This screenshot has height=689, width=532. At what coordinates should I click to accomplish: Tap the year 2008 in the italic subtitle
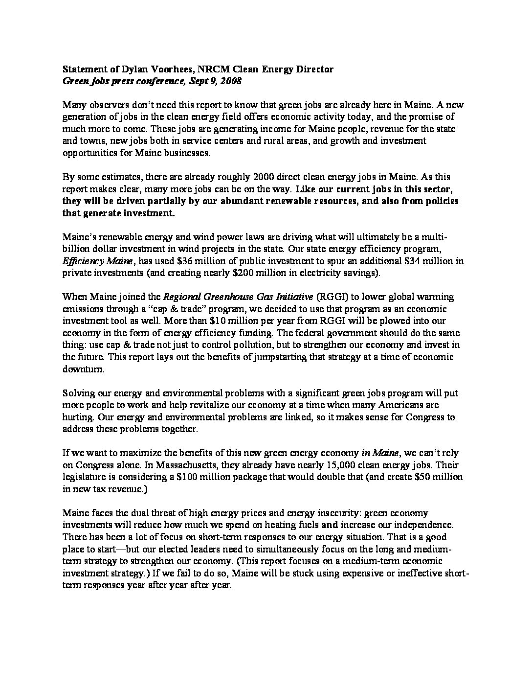pos(230,81)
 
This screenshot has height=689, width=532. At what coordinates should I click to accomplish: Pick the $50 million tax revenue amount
pos(439,477)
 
